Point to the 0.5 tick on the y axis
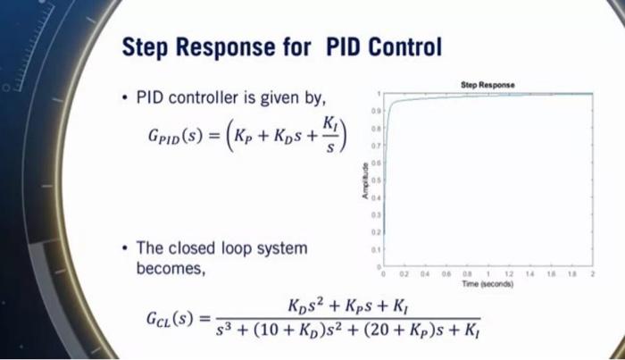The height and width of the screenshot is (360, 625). click(x=379, y=179)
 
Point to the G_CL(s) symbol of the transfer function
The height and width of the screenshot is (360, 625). click(x=168, y=318)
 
